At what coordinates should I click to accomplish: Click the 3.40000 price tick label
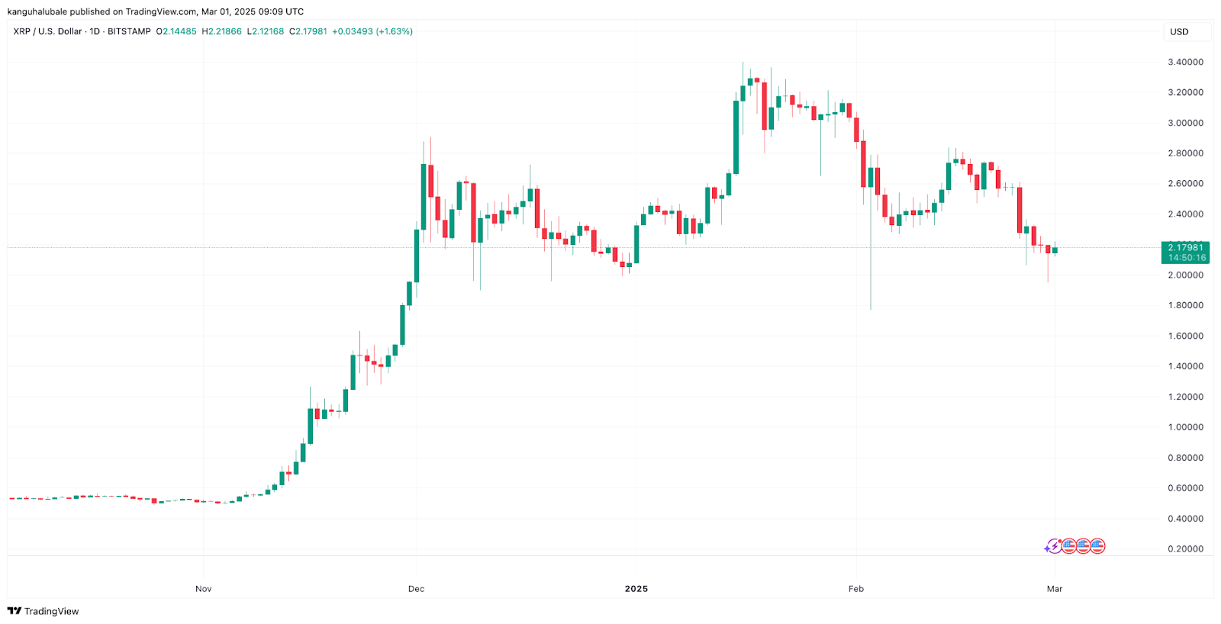(x=1185, y=63)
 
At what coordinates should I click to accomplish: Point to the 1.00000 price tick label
(x=1185, y=427)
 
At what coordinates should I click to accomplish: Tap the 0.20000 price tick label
(x=1185, y=549)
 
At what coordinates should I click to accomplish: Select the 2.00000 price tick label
(x=1185, y=275)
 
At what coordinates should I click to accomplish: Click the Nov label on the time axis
(x=203, y=589)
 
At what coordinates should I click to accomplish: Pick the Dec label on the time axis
(x=416, y=589)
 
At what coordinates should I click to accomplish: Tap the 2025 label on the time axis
(x=636, y=589)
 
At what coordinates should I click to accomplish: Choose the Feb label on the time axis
(x=856, y=589)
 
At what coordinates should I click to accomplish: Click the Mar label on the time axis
(x=1055, y=589)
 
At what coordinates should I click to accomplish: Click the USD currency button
(x=1180, y=32)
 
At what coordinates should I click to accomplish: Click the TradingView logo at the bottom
(x=43, y=611)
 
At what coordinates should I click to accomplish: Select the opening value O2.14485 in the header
(x=176, y=32)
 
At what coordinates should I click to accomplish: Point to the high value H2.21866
(x=221, y=32)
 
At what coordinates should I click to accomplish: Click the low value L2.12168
(x=265, y=32)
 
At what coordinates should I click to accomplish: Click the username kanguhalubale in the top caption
(x=37, y=11)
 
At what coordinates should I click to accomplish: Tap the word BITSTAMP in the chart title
(x=129, y=32)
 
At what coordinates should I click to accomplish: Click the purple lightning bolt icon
(x=1053, y=546)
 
